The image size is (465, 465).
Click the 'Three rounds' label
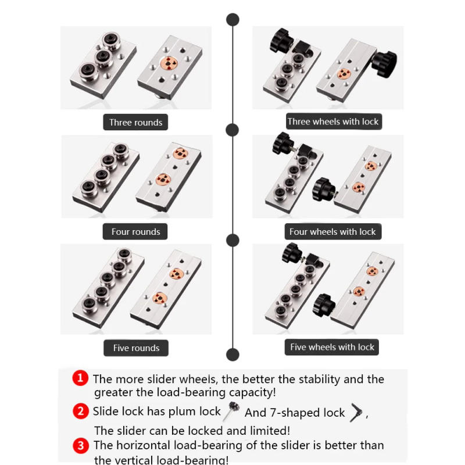(x=135, y=122)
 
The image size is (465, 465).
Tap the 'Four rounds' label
(x=135, y=231)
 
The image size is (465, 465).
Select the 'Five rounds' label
(x=136, y=348)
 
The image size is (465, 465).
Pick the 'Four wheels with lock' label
(x=332, y=231)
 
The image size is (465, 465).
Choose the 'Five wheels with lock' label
(x=332, y=347)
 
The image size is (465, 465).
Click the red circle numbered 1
(x=80, y=378)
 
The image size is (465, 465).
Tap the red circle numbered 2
(x=81, y=411)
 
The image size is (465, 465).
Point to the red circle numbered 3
(x=81, y=446)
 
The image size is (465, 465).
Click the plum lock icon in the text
(x=231, y=411)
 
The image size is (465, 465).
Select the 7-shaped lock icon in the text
(x=356, y=413)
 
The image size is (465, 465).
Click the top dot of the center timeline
(x=233, y=20)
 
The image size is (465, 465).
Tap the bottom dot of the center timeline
(x=233, y=355)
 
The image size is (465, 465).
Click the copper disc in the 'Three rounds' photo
(x=169, y=63)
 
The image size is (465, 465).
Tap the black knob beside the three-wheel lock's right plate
(x=384, y=64)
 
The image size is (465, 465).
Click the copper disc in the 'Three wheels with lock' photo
(x=344, y=74)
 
